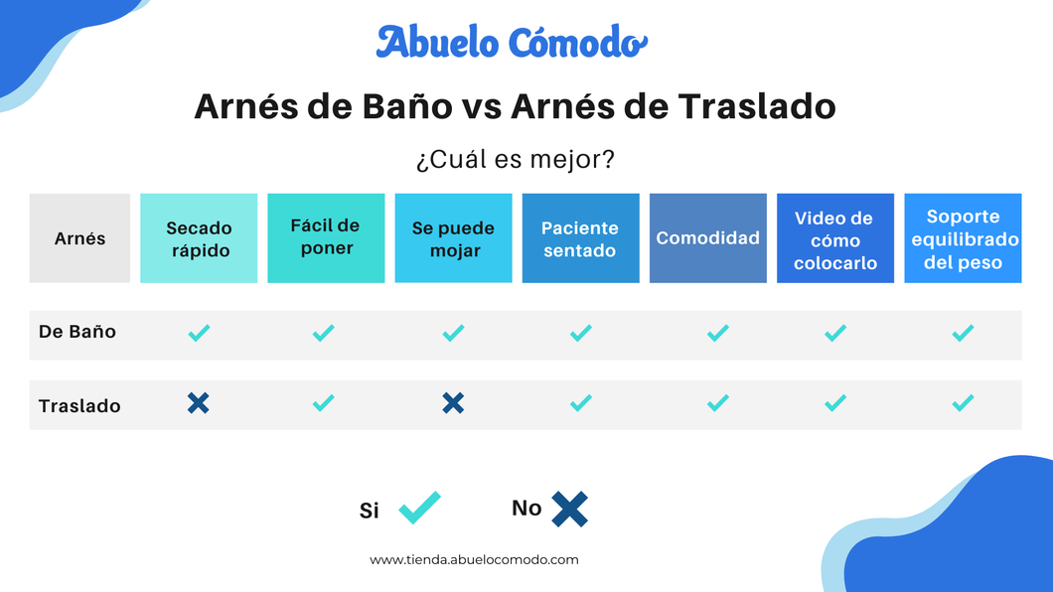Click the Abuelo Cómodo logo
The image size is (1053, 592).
[x=512, y=43]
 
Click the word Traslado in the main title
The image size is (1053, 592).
[x=757, y=106]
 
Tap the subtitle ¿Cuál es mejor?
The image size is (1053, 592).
[x=516, y=159]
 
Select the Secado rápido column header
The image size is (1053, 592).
[x=199, y=238]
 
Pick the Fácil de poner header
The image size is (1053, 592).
[x=326, y=238]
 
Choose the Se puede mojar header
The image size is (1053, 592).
[x=453, y=238]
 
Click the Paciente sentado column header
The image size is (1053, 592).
[x=580, y=238]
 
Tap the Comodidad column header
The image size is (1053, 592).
[x=708, y=238]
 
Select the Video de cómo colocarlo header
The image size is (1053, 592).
[x=834, y=238]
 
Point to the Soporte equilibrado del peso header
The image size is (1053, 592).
[x=963, y=238]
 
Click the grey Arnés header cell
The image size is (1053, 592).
[x=79, y=238]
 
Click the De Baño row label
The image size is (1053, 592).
[x=77, y=332]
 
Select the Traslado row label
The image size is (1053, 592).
[x=79, y=406]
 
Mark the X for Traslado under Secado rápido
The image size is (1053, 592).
[x=198, y=402]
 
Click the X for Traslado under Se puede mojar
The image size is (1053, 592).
[x=453, y=402]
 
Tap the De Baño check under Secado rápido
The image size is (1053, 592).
[x=199, y=333]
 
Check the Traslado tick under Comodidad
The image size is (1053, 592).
[x=718, y=402]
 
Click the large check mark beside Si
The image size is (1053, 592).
[x=419, y=509]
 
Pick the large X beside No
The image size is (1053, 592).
[x=569, y=509]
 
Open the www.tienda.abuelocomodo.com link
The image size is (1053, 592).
[x=474, y=560]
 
